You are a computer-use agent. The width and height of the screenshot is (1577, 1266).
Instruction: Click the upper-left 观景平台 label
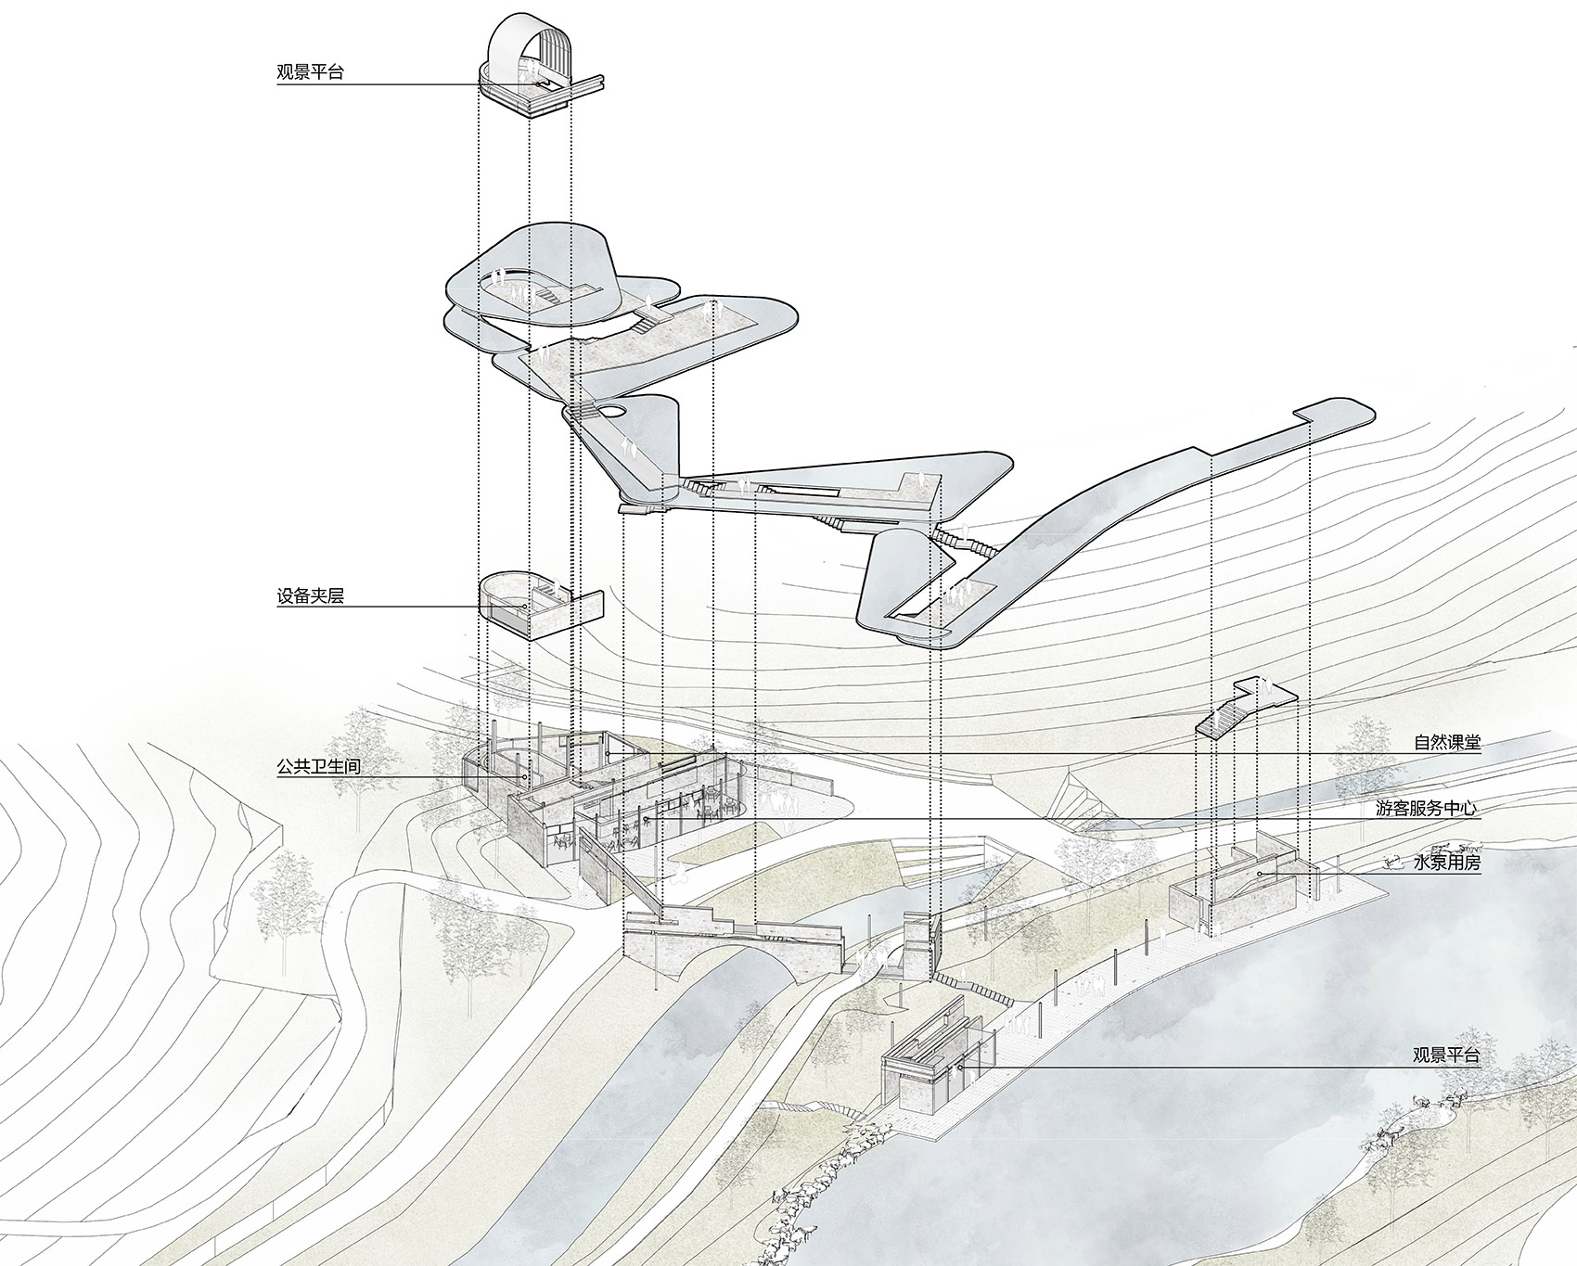click(310, 72)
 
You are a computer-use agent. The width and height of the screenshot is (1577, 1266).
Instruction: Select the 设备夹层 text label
click(310, 596)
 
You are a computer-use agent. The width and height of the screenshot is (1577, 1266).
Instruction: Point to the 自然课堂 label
click(1447, 742)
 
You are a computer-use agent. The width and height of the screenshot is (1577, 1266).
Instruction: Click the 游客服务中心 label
click(1427, 808)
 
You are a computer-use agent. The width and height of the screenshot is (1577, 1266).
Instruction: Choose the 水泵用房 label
click(1447, 863)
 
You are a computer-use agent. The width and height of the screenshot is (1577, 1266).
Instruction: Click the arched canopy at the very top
click(525, 46)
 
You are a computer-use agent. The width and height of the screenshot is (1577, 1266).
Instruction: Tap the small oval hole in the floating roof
click(611, 407)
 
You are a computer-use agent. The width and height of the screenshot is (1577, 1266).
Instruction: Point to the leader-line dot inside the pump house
click(1259, 874)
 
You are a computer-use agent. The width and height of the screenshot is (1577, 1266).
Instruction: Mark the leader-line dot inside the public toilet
click(527, 776)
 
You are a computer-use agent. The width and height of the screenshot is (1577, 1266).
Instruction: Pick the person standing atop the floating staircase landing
click(1264, 688)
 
